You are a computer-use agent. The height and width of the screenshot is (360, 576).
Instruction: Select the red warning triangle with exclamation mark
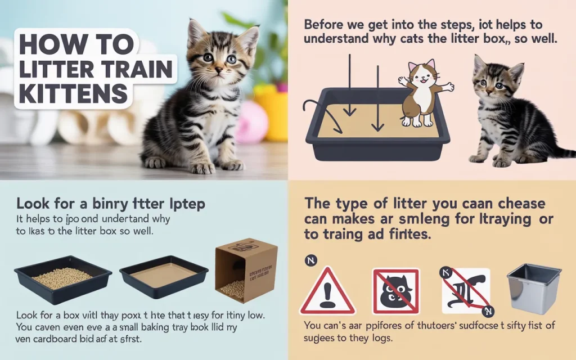click(327, 291)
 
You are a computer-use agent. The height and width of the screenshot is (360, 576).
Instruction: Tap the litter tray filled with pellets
click(63, 278)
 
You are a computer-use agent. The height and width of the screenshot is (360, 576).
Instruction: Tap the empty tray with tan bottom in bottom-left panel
click(164, 276)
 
